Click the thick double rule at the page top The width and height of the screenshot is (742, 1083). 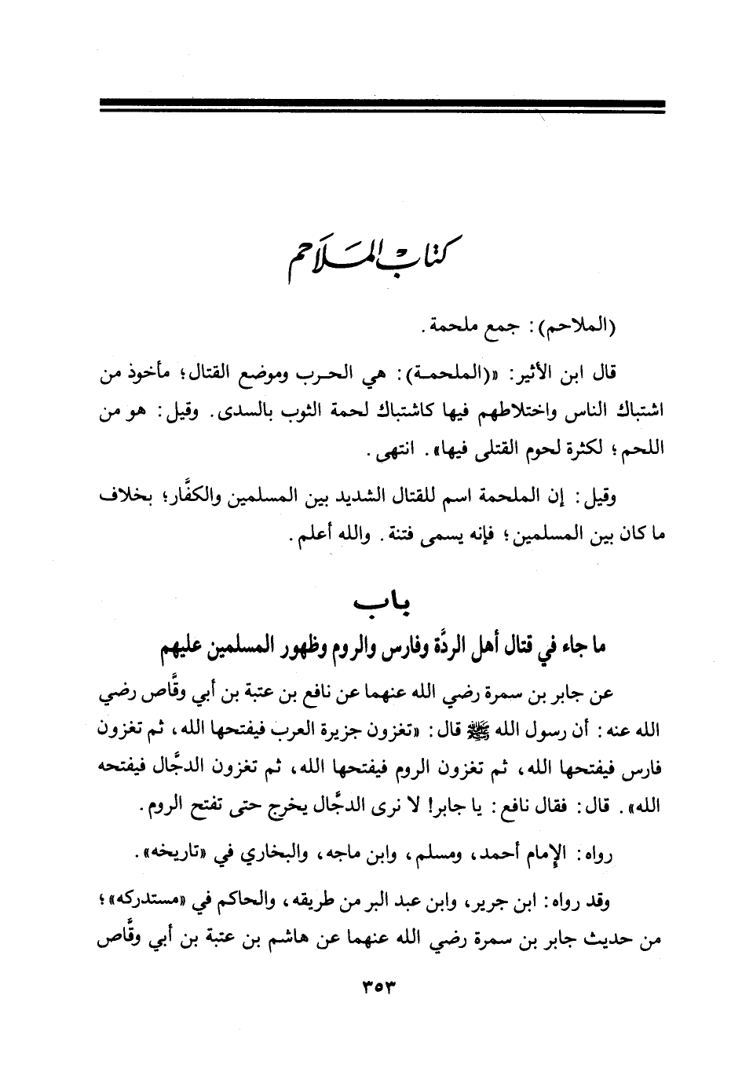[x=382, y=106]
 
